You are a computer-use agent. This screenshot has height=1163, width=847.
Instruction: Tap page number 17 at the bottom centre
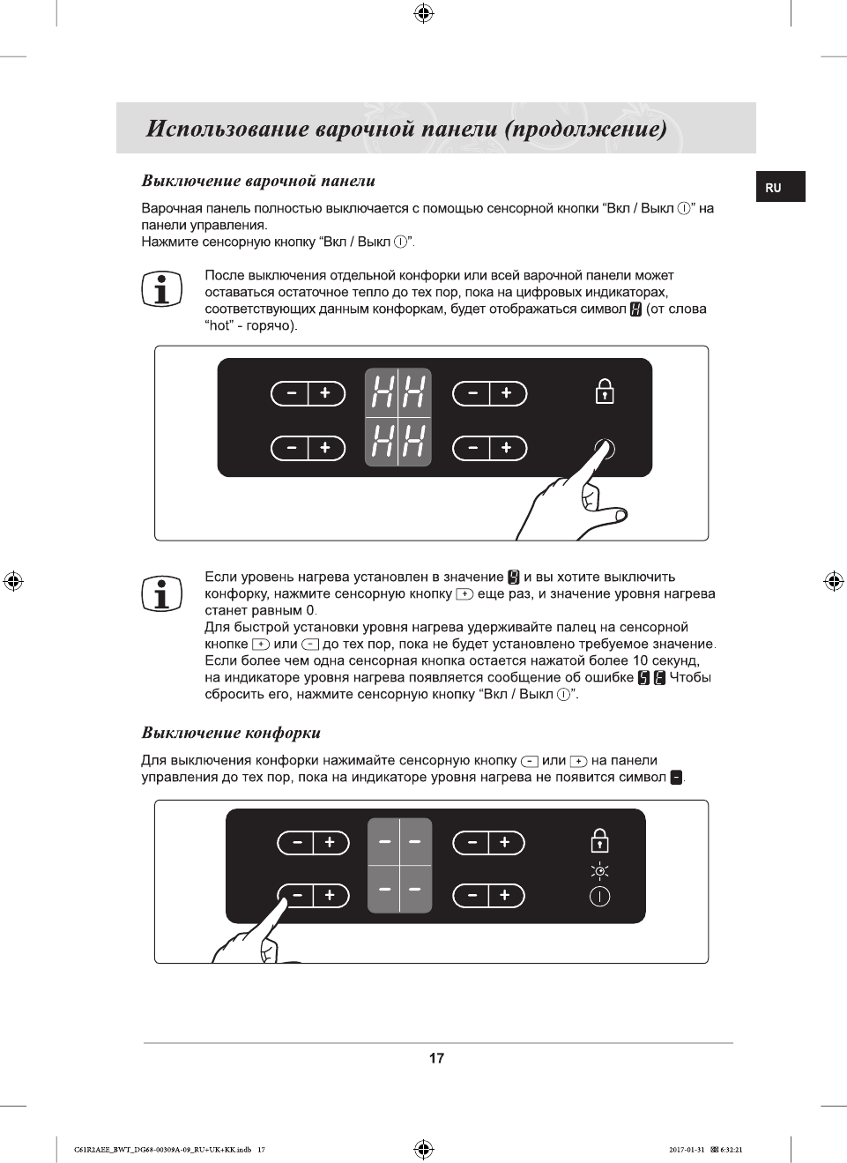[436, 1058]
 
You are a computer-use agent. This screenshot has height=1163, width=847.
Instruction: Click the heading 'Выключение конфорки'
[231, 733]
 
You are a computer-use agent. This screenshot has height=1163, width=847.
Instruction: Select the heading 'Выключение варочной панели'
[258, 181]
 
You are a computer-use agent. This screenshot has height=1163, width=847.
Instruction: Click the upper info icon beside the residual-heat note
[161, 289]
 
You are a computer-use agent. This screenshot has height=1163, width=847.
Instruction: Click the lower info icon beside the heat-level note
[161, 593]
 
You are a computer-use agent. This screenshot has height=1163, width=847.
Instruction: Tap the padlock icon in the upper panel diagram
[605, 391]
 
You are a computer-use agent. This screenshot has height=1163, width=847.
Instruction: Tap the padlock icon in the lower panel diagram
[599, 840]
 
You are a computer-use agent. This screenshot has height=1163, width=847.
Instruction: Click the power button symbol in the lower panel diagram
[599, 897]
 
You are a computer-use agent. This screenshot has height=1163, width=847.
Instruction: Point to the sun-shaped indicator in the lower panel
[599, 871]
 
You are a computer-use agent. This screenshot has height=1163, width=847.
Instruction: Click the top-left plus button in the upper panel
[325, 393]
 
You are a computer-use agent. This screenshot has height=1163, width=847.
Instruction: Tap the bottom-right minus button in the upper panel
[472, 448]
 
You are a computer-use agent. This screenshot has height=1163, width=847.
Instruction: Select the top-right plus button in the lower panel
[505, 843]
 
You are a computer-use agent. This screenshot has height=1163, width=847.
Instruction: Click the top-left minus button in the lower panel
[297, 843]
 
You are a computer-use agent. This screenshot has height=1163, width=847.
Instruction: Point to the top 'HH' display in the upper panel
[398, 391]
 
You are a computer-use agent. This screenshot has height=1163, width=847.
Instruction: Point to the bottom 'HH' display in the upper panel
[398, 441]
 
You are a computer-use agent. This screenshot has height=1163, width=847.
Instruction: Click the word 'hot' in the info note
[218, 325]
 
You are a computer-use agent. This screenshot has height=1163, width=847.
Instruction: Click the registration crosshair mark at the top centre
[423, 12]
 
